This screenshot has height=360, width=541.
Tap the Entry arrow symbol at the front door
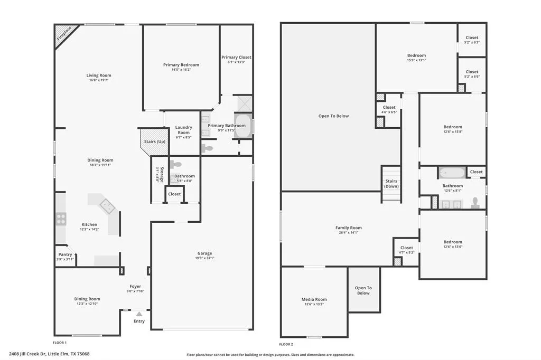coord(139,314)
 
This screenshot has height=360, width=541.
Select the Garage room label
coord(204,253)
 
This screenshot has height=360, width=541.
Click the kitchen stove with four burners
coord(61,219)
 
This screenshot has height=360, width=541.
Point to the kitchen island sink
coord(107,206)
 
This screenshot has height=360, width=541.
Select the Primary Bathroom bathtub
coord(243,127)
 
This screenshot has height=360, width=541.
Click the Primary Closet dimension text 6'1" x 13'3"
coord(236,62)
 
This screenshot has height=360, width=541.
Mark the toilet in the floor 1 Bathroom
coord(175,165)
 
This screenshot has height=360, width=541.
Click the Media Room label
coord(314,299)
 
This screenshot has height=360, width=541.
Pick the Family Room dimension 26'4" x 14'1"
coord(348,232)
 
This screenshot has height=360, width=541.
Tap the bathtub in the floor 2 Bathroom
coord(452,173)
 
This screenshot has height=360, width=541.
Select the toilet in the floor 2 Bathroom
coord(475,203)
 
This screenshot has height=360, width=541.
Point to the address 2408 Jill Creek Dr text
coord(49,354)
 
